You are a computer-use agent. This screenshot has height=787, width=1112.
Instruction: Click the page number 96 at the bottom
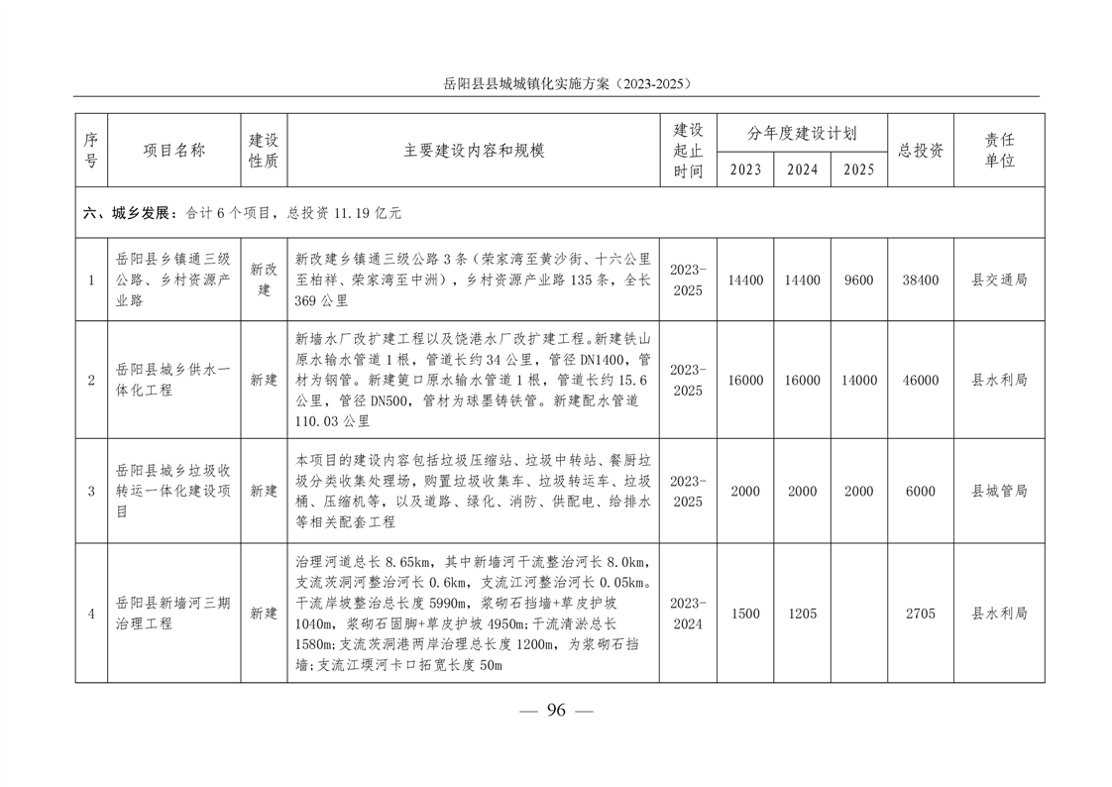(x=556, y=710)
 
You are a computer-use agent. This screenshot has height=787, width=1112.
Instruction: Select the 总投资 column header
(x=921, y=151)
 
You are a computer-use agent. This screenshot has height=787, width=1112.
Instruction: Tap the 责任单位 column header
(x=999, y=151)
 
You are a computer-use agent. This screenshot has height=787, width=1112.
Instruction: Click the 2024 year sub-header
(x=803, y=169)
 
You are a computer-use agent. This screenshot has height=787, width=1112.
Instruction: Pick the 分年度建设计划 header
(x=803, y=133)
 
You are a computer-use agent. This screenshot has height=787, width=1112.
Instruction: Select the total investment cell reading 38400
(x=921, y=281)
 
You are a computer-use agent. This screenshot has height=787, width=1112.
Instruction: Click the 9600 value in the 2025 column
(x=859, y=281)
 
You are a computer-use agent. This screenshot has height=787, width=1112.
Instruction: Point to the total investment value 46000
(x=921, y=381)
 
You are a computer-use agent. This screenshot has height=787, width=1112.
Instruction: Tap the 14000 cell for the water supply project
(x=859, y=381)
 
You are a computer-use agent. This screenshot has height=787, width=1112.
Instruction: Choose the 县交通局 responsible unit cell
(x=999, y=281)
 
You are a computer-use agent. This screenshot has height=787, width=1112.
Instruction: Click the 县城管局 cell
(x=999, y=492)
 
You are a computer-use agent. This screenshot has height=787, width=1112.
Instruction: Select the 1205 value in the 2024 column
(x=803, y=615)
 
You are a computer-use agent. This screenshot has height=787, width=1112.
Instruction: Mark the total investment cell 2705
(x=921, y=615)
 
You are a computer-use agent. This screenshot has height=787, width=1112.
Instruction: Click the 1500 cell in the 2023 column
(x=745, y=615)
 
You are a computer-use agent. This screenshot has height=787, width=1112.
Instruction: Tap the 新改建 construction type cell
(x=264, y=281)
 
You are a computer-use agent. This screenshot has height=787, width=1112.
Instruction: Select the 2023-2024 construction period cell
(x=688, y=614)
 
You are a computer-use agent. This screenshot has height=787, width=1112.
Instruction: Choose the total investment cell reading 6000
(x=921, y=492)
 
